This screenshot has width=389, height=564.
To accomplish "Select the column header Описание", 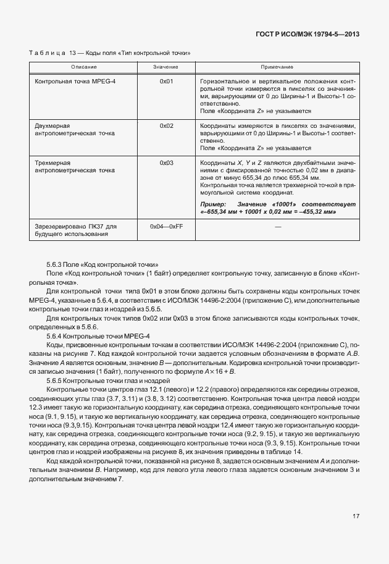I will coord(83,66).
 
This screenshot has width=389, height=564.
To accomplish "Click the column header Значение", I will coord(165,66).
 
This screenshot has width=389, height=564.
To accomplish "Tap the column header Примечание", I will coord(276,66).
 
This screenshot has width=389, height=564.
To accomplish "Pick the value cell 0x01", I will coord(165,82).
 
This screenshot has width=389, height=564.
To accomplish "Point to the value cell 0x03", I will coord(165,162).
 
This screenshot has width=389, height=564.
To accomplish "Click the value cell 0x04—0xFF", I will coord(165,227).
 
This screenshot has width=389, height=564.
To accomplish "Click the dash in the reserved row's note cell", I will coord(277,227).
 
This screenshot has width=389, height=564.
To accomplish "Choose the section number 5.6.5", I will coord(55,382).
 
